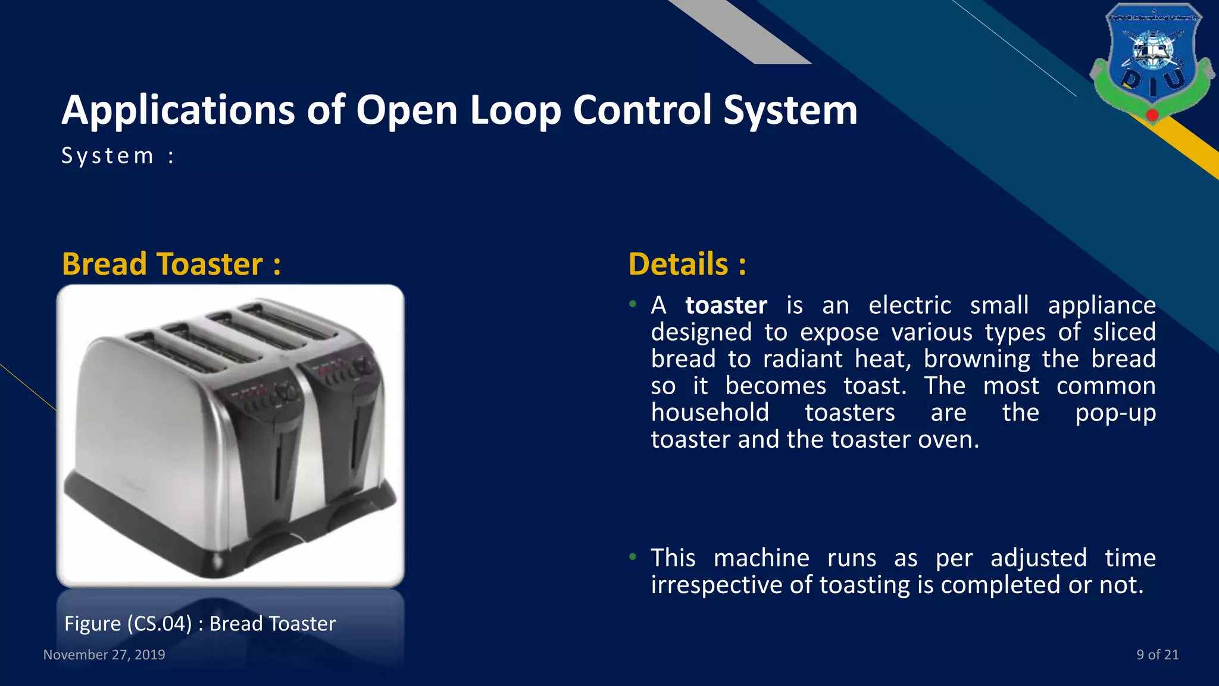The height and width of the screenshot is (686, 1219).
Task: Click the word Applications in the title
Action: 178,111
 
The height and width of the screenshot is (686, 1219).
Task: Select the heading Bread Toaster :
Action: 171,264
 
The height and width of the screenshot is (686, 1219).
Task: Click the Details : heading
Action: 687,264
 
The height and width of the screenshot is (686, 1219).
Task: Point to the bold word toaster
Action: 726,305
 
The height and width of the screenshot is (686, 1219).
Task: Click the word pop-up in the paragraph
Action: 1115,413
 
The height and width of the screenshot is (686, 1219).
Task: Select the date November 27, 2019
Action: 104,654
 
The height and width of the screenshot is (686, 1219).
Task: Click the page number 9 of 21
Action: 1157,654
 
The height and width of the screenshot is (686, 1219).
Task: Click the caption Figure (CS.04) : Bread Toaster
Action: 200,623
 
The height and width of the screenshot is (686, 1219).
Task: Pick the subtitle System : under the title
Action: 118,156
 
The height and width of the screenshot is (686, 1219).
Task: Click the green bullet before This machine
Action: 633,557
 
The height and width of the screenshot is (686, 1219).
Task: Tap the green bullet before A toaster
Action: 633,304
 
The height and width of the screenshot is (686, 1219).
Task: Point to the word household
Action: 709,413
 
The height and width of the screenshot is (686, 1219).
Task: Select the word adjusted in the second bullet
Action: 1039,559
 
